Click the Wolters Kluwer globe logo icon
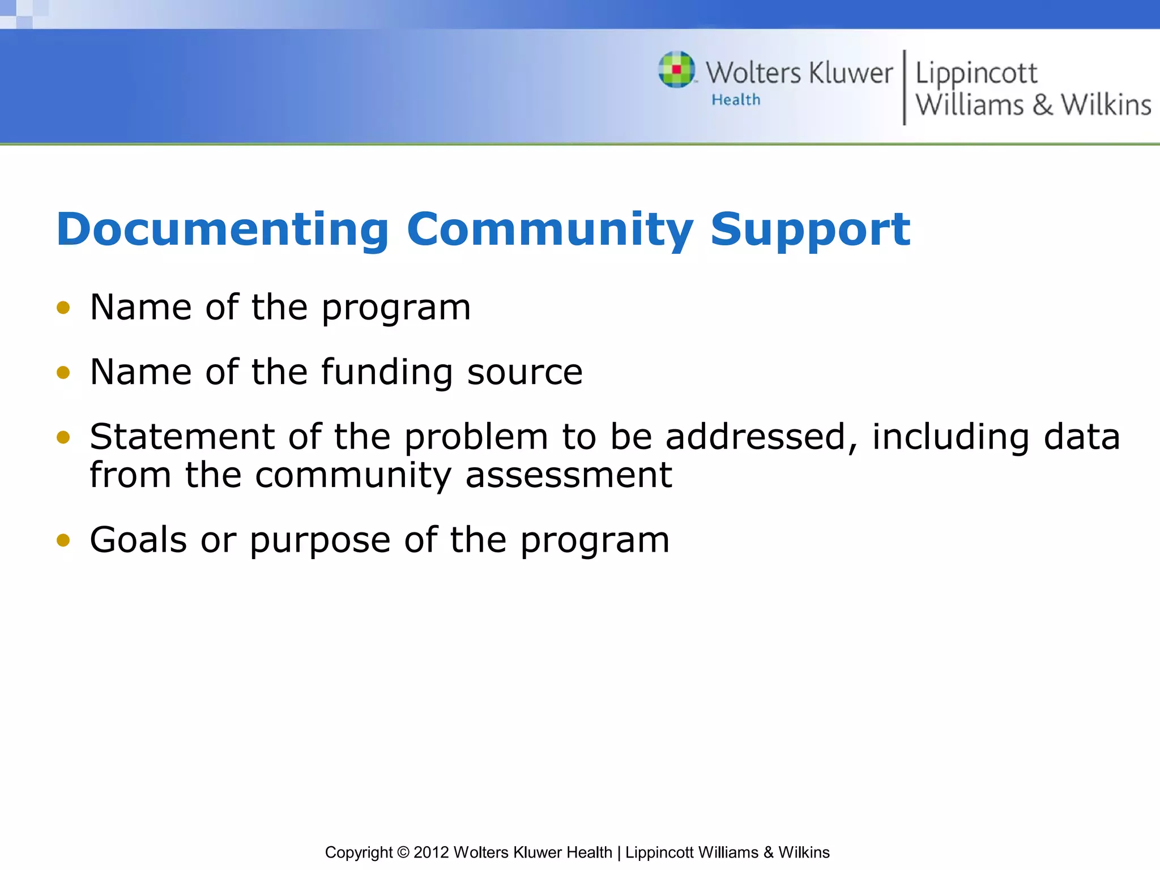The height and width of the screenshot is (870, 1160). pyautogui.click(x=676, y=70)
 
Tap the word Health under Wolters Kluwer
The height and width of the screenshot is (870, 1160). pyautogui.click(x=736, y=100)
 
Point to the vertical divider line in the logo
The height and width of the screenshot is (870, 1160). pyautogui.click(x=904, y=87)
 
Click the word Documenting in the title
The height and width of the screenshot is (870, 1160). pyautogui.click(x=223, y=229)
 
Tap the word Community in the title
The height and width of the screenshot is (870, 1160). pyautogui.click(x=549, y=229)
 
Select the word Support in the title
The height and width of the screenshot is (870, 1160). pyautogui.click(x=810, y=229)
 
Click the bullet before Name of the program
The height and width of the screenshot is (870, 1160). pyautogui.click(x=63, y=308)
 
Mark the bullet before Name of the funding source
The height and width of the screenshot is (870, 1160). pyautogui.click(x=63, y=373)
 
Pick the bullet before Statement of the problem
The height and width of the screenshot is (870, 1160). pyautogui.click(x=63, y=437)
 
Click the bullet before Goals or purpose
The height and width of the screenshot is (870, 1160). pyautogui.click(x=63, y=540)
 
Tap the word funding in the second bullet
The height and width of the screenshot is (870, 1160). pyautogui.click(x=387, y=372)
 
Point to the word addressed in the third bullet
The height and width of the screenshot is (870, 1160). pyautogui.click(x=761, y=437)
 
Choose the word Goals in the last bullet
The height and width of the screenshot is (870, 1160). pyautogui.click(x=138, y=539)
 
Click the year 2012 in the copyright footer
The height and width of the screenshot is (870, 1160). pyautogui.click(x=431, y=852)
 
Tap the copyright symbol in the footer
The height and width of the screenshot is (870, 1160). pyautogui.click(x=403, y=852)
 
